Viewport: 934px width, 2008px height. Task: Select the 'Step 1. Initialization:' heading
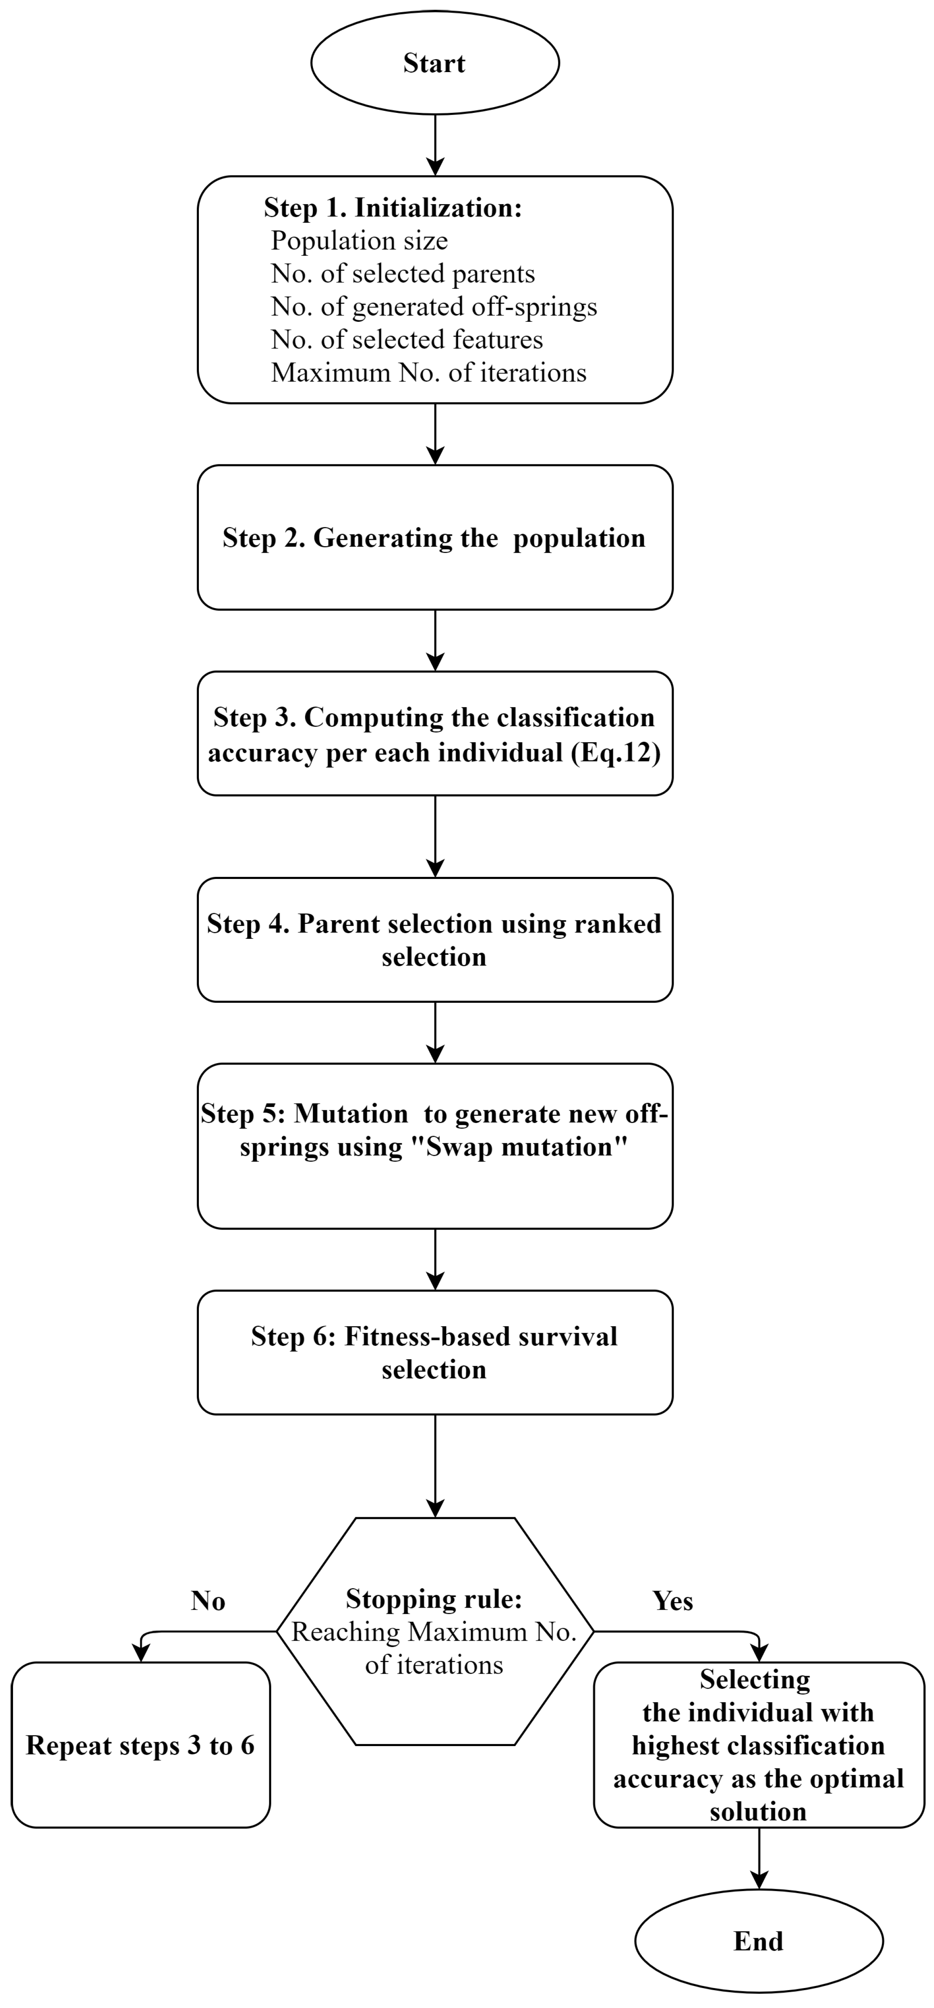pos(392,208)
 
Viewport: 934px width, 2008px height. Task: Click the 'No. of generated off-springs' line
pos(434,307)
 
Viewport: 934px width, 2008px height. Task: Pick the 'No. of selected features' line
pos(406,340)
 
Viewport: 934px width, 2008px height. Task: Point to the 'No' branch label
pos(208,1601)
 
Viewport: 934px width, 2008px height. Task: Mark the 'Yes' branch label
pos(672,1601)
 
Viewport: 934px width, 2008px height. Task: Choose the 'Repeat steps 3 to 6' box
pos(140,1745)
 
